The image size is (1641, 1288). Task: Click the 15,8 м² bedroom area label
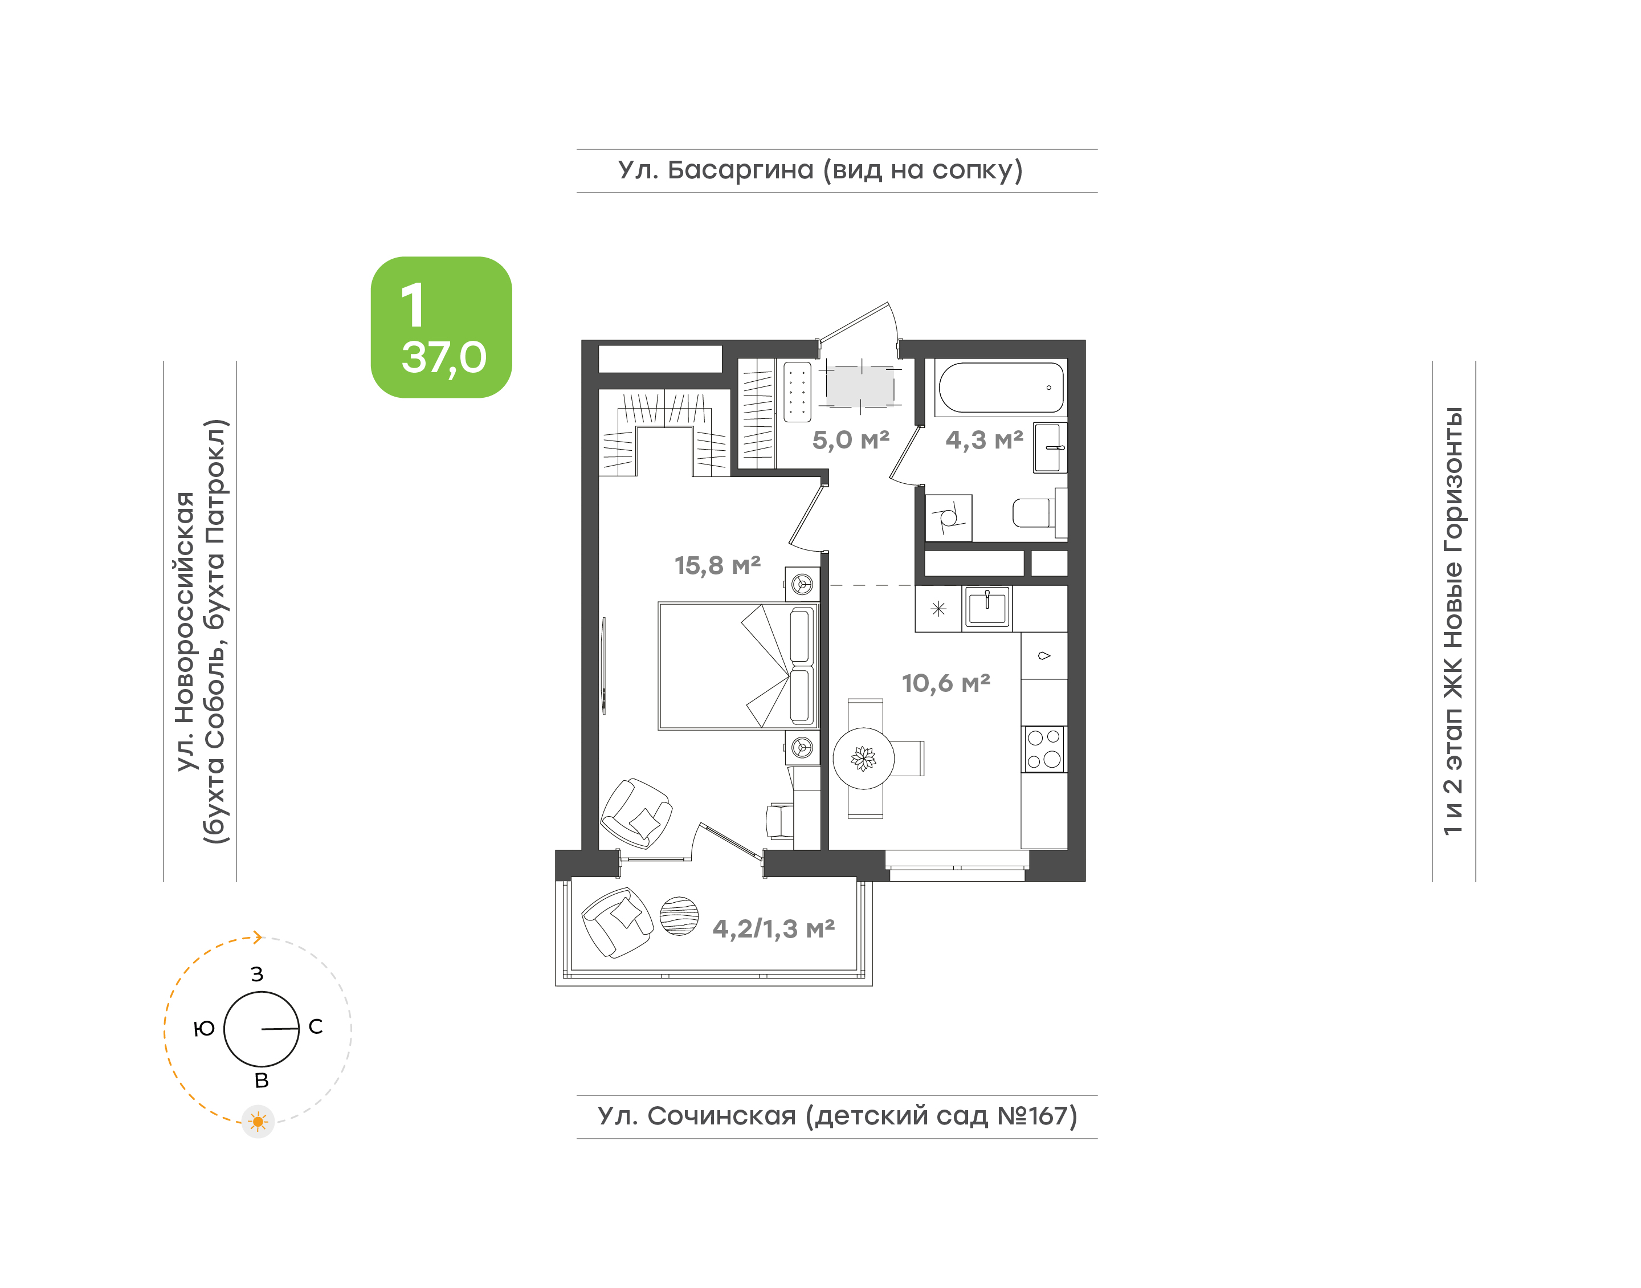coord(717,565)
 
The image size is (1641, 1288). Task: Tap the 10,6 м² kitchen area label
coord(946,683)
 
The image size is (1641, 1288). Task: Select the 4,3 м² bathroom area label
coord(985,439)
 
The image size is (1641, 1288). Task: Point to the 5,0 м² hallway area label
coord(850,439)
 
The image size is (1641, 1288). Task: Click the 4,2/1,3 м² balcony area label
coord(773,929)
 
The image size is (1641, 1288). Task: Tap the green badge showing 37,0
coord(441,327)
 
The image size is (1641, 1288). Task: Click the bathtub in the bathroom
coord(1001,388)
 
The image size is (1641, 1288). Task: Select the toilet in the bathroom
coord(1039,513)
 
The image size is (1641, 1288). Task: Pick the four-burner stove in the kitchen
coord(1044,749)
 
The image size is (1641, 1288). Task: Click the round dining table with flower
coord(863,758)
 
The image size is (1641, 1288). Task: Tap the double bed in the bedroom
coord(738,666)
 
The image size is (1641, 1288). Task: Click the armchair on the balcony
coord(617,922)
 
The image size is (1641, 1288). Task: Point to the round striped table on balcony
coord(679,916)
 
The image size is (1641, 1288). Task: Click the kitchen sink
coord(987,607)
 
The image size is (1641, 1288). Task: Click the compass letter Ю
coord(205,1029)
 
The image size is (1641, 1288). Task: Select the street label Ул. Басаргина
coord(715,170)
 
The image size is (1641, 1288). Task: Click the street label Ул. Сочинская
coord(696,1115)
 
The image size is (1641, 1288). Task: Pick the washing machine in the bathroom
coord(948,517)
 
